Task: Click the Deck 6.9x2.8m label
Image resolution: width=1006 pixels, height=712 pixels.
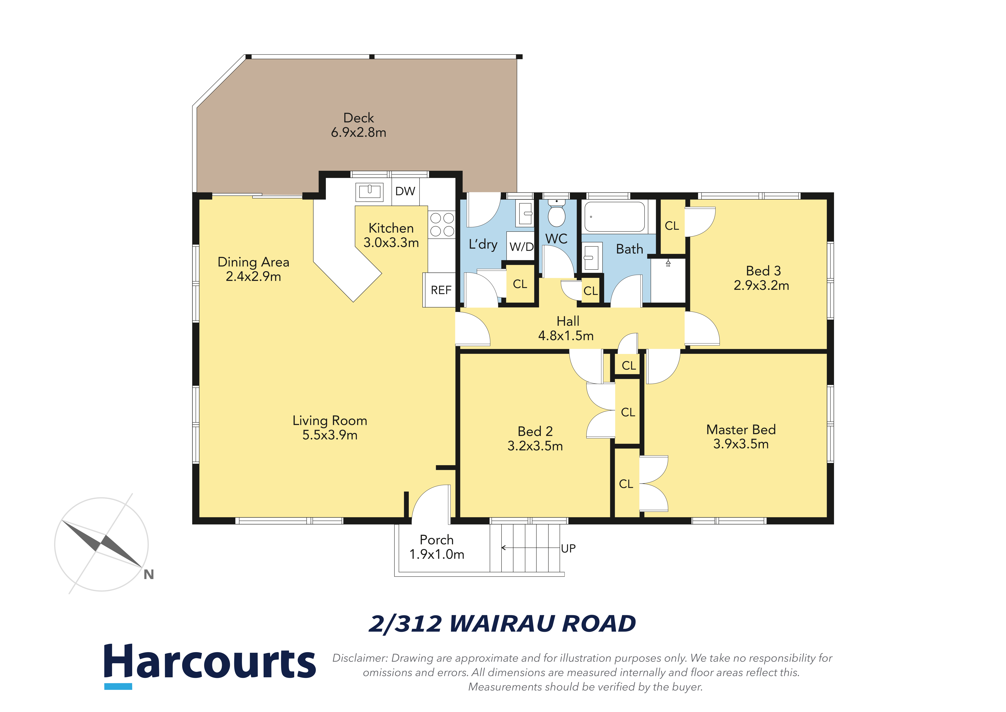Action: click(358, 125)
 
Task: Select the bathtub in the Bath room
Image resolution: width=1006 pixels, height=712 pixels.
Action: click(614, 217)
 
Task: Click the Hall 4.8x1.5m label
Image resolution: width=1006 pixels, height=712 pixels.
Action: click(566, 328)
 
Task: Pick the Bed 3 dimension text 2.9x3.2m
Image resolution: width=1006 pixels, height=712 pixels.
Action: click(761, 285)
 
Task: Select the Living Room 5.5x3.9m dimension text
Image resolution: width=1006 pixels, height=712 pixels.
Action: click(330, 435)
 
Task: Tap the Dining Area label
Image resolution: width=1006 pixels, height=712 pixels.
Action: click(253, 262)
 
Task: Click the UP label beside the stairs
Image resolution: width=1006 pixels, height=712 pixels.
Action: click(568, 548)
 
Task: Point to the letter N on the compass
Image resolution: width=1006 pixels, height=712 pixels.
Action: click(148, 574)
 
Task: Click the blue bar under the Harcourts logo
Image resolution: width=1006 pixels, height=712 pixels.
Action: click(118, 686)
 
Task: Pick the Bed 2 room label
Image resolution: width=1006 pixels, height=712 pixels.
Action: click(535, 432)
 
